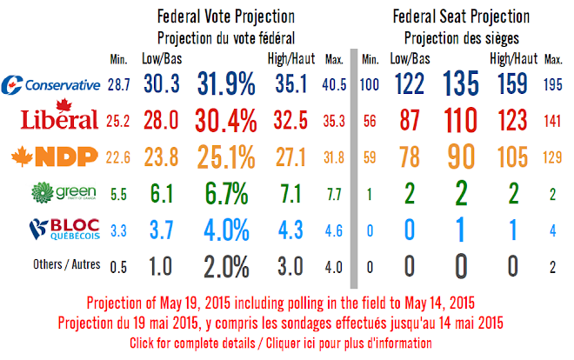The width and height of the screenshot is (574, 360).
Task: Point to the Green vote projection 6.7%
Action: click(x=226, y=193)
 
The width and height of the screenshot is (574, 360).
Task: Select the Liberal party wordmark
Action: click(x=52, y=118)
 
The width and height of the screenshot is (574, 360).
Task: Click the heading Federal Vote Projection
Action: click(x=224, y=17)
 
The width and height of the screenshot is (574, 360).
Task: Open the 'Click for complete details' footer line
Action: click(x=286, y=343)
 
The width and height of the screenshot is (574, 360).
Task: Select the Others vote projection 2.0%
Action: click(x=226, y=266)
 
